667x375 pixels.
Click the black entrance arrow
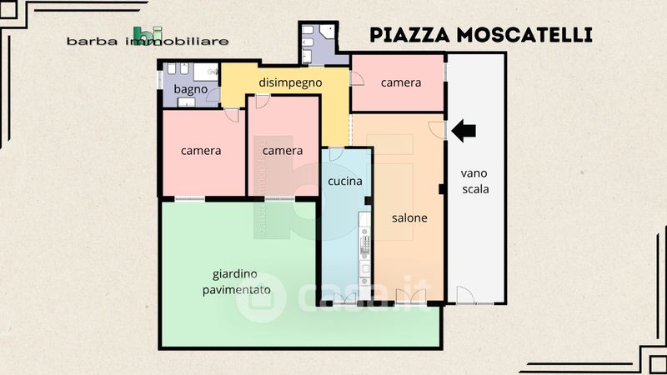coord(464,131)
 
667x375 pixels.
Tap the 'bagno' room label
coord(191,89)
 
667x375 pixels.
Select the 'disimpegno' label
coord(290,82)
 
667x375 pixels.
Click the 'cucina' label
coord(345,181)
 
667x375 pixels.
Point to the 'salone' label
coord(409,217)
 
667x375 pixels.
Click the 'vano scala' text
coord(474,181)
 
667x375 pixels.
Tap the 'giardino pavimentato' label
coord(236,282)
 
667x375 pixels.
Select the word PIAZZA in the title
coord(409,35)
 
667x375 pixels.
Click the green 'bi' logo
coord(148,34)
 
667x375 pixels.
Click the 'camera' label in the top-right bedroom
coord(401,82)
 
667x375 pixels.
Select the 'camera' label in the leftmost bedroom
coord(201,151)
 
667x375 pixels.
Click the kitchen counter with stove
coord(364,256)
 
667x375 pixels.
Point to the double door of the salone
coord(410,297)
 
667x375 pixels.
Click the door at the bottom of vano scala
coord(465,295)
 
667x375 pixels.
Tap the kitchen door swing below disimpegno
coord(336,154)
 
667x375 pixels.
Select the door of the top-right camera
coord(357,78)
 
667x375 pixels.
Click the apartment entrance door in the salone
coord(437,130)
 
